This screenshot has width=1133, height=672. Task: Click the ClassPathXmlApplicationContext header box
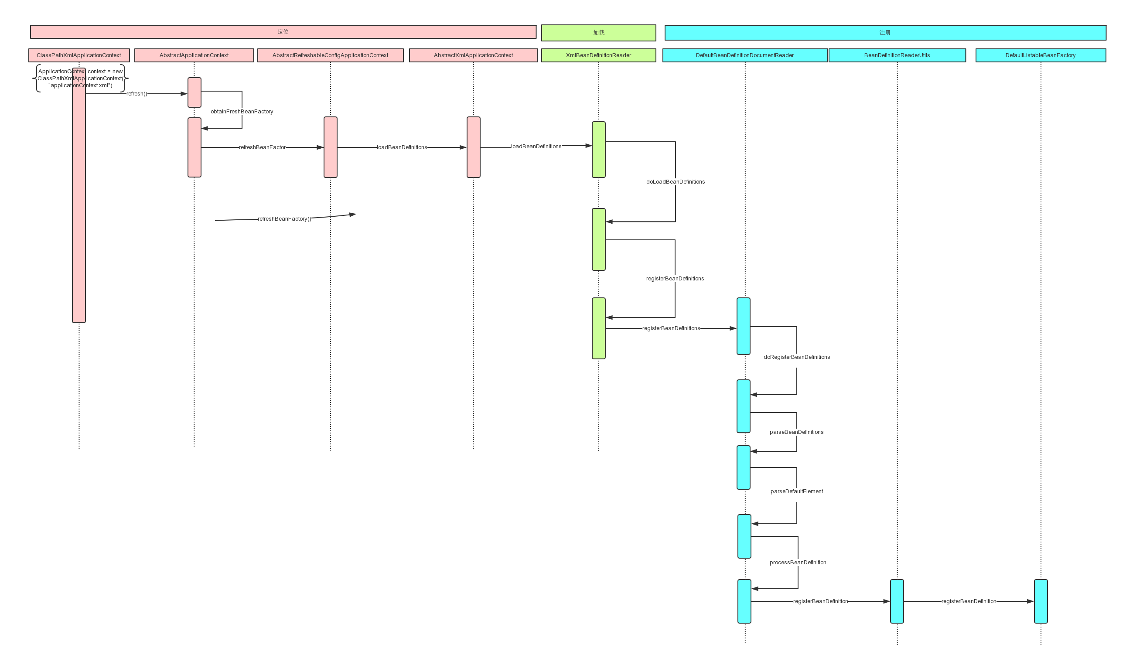tap(79, 55)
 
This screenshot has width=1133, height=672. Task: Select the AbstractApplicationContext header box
tap(194, 55)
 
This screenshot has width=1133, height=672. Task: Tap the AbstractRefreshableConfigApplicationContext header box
tap(330, 55)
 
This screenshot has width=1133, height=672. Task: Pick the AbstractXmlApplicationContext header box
tap(473, 55)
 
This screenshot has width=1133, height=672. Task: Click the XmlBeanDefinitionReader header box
tap(599, 55)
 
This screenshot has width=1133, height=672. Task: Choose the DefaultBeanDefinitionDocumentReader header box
tap(744, 55)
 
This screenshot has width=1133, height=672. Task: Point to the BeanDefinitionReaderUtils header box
tap(897, 55)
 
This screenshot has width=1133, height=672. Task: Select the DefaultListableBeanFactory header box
tap(1041, 55)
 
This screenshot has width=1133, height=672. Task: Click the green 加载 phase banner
tap(599, 33)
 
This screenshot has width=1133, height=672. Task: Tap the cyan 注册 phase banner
tap(885, 33)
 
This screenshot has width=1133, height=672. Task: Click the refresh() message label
tap(137, 94)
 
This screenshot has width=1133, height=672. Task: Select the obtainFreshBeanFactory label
tap(242, 111)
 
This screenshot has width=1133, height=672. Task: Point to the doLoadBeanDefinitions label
tap(675, 181)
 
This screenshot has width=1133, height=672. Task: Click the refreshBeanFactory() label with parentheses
tap(284, 219)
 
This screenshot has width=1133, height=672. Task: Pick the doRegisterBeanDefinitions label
tap(796, 357)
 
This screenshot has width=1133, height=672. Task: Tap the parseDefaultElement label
tap(796, 491)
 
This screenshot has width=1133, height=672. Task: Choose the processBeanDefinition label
tap(798, 563)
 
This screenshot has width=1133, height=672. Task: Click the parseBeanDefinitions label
tap(796, 432)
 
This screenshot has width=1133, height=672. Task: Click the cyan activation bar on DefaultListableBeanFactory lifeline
tap(1041, 601)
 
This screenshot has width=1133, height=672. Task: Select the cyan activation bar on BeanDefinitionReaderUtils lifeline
tap(897, 601)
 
